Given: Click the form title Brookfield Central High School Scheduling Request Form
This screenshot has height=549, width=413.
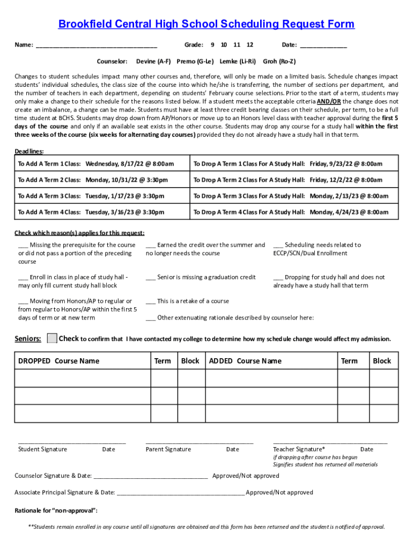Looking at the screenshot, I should (206, 24).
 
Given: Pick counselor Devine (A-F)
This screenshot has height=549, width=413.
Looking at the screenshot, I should (153, 61).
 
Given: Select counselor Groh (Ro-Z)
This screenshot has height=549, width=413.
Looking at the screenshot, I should (279, 61).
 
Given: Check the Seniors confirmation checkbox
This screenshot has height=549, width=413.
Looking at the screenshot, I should (52, 338).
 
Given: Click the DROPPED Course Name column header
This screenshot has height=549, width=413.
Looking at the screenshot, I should (58, 361).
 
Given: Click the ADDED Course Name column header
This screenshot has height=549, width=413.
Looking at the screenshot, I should (245, 361).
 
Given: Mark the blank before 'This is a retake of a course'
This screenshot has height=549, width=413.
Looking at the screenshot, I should (150, 301).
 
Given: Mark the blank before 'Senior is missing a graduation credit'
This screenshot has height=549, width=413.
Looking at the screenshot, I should (150, 277).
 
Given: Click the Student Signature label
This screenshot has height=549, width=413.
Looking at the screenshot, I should (42, 449).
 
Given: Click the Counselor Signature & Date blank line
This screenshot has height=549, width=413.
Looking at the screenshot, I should (150, 476).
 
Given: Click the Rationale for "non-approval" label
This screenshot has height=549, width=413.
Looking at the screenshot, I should (56, 510).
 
